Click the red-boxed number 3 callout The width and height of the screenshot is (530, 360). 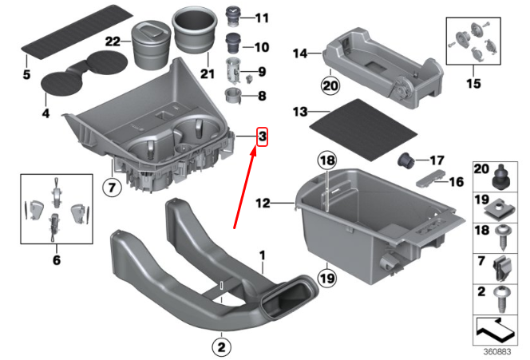click(261, 137)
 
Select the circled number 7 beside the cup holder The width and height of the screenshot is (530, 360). click(111, 188)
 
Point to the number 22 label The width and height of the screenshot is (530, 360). click(113, 41)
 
